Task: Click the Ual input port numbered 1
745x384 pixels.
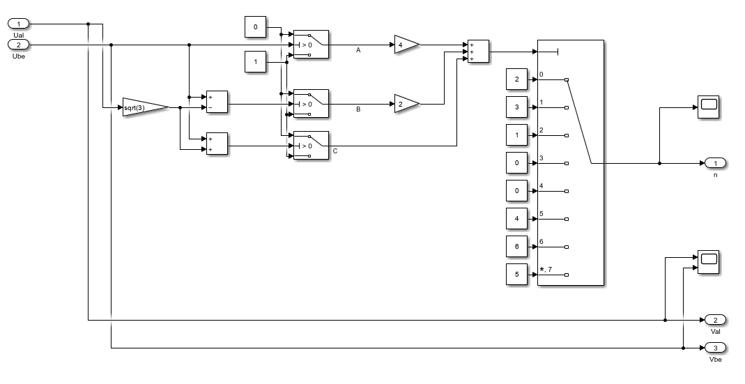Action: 19,24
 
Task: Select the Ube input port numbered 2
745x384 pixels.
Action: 19,45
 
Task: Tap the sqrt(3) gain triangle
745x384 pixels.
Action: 146,107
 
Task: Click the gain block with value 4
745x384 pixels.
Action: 407,45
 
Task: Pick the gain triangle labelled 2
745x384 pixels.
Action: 407,104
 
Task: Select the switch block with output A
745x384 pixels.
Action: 312,45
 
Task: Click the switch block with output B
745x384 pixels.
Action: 312,104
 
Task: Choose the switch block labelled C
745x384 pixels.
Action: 312,146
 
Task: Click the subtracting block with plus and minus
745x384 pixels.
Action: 217,102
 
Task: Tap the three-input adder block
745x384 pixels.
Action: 479,52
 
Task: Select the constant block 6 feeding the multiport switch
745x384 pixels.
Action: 517,246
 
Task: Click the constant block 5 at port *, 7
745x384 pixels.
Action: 517,274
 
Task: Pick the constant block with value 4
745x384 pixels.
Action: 517,219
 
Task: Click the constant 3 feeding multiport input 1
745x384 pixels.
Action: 517,107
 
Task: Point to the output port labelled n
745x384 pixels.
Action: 716,163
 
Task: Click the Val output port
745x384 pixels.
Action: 716,320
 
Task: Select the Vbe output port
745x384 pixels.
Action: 716,348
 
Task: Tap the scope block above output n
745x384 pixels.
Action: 709,107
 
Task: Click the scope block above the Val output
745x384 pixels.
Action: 709,262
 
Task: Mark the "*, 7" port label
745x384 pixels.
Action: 546,270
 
